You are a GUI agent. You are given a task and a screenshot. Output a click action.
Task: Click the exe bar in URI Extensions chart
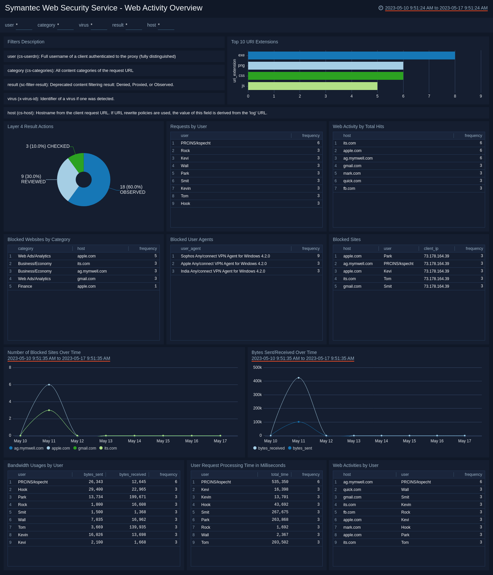tap(351, 55)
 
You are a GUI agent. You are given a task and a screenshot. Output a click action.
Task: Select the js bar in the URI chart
tap(312, 86)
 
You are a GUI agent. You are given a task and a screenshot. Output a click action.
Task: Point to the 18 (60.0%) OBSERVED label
tap(132, 189)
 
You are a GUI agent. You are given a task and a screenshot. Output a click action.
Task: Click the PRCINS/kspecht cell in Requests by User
tap(195, 143)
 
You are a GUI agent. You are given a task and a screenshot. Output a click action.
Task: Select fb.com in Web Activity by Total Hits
tap(349, 188)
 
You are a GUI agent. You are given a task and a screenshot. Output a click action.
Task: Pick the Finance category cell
tap(25, 286)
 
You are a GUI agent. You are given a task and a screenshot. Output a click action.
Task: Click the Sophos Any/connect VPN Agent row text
tap(225, 256)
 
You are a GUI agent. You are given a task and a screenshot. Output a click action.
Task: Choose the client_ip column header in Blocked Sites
tap(431, 249)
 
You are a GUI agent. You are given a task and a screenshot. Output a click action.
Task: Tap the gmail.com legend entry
tap(87, 448)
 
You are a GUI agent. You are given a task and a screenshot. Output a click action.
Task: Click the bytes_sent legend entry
tap(302, 448)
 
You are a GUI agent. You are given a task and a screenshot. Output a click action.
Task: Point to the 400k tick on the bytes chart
tap(258, 381)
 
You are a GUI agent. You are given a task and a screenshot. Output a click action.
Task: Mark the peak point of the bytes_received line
tap(299, 378)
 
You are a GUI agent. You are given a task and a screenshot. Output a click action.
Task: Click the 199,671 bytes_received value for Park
tap(137, 497)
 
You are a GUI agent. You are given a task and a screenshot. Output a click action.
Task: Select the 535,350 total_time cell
tap(280, 482)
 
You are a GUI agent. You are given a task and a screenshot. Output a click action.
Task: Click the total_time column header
tap(280, 475)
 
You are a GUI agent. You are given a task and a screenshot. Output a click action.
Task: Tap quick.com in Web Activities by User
tap(352, 490)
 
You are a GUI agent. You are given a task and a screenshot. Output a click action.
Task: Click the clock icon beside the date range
tap(381, 8)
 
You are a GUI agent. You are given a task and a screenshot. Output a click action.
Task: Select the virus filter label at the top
tap(84, 25)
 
